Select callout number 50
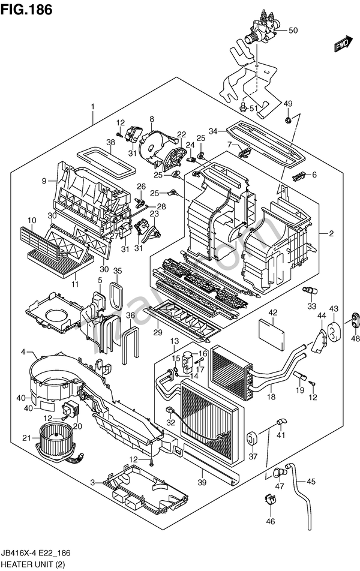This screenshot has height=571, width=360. (293, 31)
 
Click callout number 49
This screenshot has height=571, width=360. (287, 104)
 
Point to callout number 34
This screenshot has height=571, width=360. (212, 131)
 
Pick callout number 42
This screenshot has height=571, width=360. (272, 312)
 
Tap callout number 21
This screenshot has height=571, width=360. (26, 438)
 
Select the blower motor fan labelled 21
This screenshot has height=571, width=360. (57, 436)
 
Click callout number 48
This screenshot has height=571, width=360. (355, 339)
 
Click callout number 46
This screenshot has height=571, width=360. (271, 521)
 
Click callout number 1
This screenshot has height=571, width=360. (93, 107)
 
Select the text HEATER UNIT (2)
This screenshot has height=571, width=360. (34, 564)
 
